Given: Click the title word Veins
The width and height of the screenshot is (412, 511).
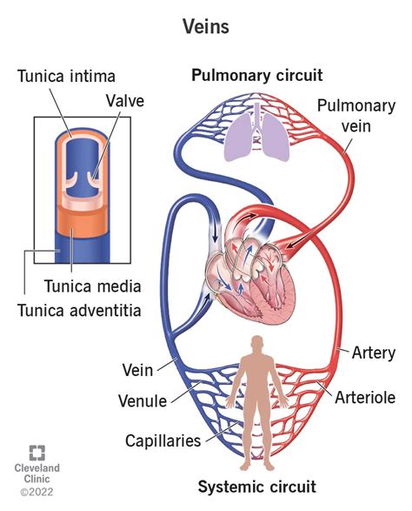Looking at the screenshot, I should tap(205, 27).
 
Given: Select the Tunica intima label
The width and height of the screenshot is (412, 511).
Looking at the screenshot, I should tap(66, 77).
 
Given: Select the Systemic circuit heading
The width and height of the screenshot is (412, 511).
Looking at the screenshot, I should tap(257, 486).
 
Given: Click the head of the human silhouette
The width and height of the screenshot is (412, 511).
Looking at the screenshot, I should tap(257, 343).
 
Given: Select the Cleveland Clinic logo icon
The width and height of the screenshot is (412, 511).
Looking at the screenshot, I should tap(37, 453).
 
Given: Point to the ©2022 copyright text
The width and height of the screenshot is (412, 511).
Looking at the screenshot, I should tap(37, 492).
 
